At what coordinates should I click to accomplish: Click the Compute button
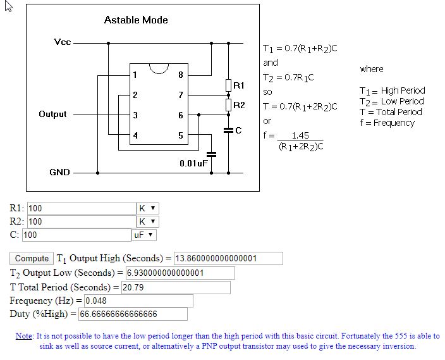[32, 258]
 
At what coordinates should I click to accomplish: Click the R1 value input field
[82, 209]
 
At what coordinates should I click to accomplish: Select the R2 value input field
[82, 221]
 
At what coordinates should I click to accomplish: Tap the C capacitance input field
[76, 235]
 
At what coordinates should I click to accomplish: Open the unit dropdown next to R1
[148, 208]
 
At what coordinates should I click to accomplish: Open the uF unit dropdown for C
[144, 235]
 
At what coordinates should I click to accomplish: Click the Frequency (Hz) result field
[138, 301]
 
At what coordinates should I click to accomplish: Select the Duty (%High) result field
[133, 314]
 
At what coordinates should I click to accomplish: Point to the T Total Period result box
[176, 287]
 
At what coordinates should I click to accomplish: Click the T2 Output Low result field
[180, 273]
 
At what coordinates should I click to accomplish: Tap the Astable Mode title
[136, 20]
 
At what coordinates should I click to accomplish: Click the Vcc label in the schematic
[63, 42]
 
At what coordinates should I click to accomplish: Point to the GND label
[59, 172]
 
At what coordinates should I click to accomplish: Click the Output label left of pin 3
[52, 115]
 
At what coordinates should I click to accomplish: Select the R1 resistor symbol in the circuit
[228, 85]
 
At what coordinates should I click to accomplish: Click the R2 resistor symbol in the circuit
[228, 105]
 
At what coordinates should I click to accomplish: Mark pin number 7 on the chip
[181, 95]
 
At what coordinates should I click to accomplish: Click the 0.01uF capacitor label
[194, 163]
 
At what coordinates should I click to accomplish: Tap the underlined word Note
[23, 336]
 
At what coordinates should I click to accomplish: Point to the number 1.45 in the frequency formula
[300, 135]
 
